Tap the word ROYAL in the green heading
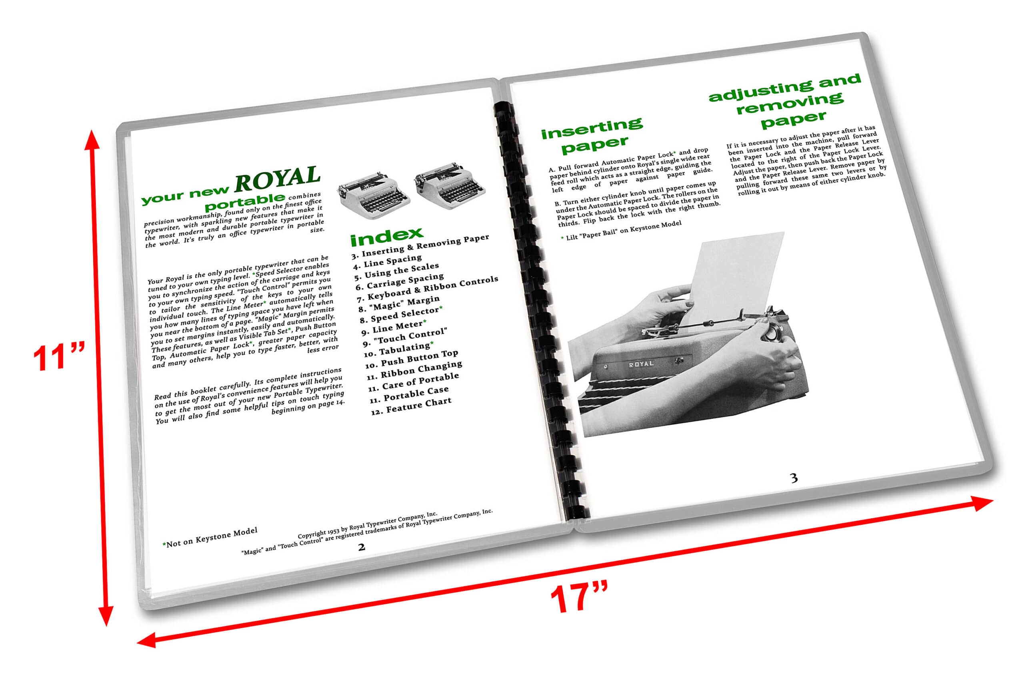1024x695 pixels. click(277, 178)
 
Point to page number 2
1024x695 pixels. click(361, 547)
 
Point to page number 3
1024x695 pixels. click(794, 478)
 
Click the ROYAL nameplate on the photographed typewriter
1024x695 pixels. click(641, 364)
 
